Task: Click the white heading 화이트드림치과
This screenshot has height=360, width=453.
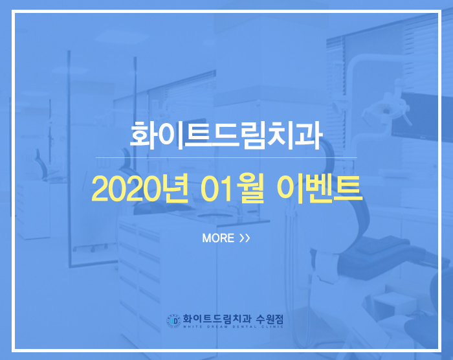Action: (226, 135)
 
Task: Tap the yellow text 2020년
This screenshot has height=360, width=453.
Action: (140, 188)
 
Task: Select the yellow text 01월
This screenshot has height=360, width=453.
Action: (232, 188)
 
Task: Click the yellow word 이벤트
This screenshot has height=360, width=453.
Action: (319, 188)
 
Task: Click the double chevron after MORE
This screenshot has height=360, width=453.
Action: (245, 238)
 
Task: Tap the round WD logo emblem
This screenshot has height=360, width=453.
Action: (173, 321)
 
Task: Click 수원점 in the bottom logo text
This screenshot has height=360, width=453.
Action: (270, 319)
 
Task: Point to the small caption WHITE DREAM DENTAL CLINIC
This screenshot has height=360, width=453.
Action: (233, 327)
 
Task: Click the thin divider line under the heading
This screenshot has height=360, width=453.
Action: (226, 157)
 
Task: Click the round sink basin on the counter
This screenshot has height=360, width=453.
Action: (215, 216)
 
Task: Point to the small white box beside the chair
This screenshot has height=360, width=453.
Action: (394, 304)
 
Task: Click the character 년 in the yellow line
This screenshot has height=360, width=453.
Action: (175, 188)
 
